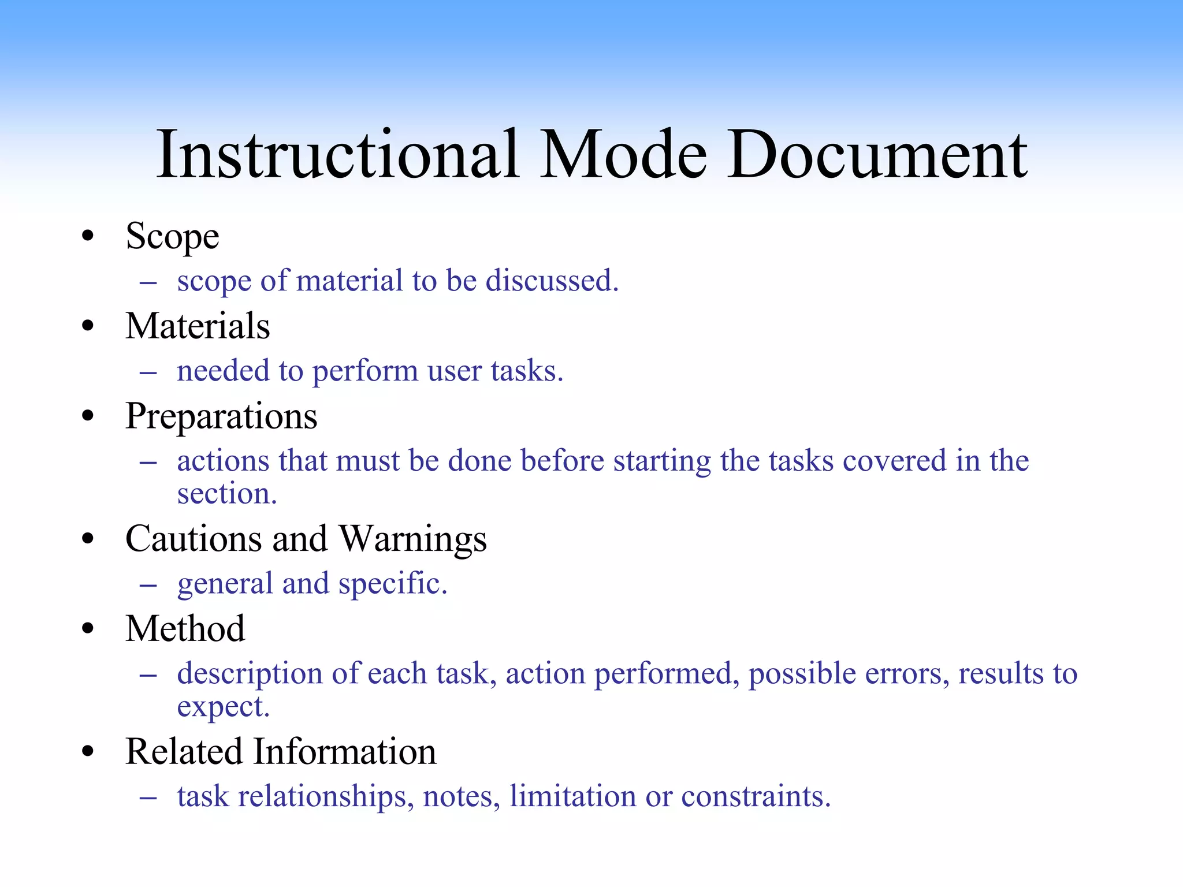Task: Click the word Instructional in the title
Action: [337, 155]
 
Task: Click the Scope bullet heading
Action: [172, 237]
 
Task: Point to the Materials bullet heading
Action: [198, 326]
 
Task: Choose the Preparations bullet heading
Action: [221, 417]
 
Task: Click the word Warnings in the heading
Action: [412, 539]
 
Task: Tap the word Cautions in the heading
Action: [194, 539]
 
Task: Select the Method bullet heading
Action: [185, 629]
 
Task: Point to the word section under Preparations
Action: [226, 494]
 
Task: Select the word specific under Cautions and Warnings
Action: [393, 584]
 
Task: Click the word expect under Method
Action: [223, 707]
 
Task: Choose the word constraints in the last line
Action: [756, 797]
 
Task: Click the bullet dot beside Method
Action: [88, 629]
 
